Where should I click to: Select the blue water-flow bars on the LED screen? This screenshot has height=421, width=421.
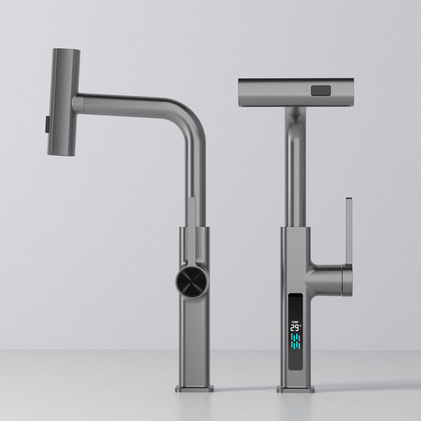(297, 343)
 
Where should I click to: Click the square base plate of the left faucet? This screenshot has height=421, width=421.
(194, 389)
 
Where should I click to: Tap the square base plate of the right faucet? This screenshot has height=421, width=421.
(297, 389)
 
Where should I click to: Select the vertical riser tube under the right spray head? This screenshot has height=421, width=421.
(295, 166)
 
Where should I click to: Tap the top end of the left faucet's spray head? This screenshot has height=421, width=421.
(66, 53)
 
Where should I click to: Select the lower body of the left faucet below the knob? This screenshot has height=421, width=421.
(194, 340)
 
